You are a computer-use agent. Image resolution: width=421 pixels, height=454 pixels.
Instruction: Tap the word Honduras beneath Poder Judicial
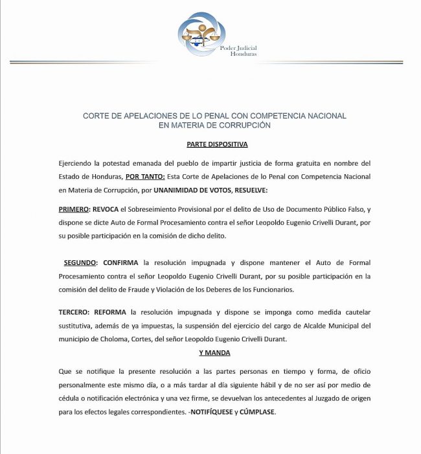[244, 54]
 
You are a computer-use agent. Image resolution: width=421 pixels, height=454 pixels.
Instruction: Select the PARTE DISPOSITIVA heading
[217, 144]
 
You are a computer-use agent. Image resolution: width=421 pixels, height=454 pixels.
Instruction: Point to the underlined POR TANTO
[144, 176]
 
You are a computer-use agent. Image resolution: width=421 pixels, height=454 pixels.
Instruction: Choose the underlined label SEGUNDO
[81, 263]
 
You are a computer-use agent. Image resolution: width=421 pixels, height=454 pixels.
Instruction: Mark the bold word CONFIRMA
[121, 263]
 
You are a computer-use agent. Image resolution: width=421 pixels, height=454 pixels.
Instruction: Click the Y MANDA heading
[214, 352]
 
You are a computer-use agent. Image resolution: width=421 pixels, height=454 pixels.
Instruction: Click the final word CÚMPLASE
[258, 412]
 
